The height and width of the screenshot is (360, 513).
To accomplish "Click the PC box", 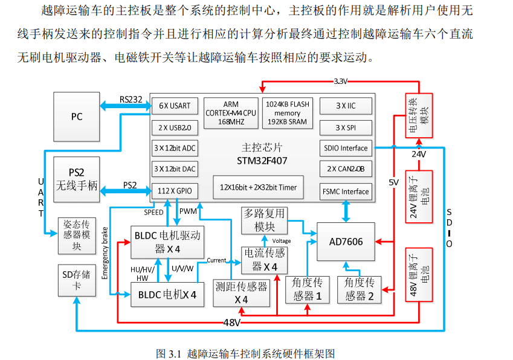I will pos(76,117).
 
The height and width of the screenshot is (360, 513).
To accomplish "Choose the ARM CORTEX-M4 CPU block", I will pos(231,113).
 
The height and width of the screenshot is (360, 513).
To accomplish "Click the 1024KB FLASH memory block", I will pos(287,113).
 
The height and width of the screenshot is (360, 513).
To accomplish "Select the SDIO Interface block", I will pos(345,148).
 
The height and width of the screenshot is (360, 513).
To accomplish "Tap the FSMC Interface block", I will pos(345,191).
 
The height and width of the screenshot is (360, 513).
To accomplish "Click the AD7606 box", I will pos(346,242).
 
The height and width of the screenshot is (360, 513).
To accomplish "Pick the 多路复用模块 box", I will pos(263,220).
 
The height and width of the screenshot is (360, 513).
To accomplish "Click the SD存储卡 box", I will pos(76,280).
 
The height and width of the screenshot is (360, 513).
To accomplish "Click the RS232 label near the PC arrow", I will pos(131,99).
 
